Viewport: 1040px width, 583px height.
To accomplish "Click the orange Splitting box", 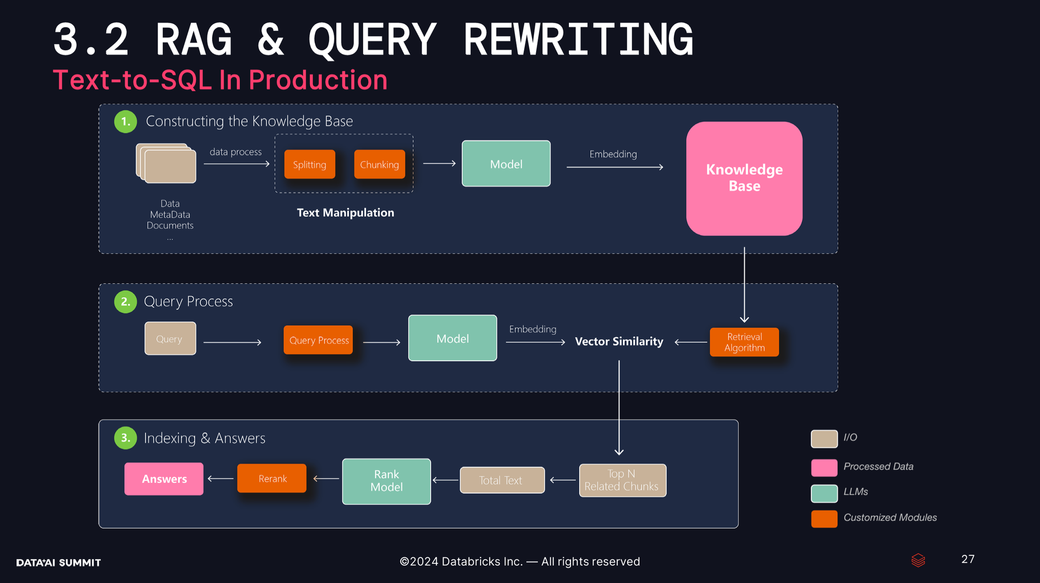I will tap(309, 164).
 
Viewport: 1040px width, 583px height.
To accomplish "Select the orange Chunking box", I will tap(380, 164).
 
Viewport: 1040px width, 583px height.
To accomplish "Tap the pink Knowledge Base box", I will tap(744, 178).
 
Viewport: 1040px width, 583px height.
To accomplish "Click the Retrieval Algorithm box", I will tap(744, 342).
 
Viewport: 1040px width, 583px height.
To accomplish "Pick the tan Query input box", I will tap(170, 338).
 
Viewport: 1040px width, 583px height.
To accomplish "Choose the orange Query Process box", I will tap(318, 340).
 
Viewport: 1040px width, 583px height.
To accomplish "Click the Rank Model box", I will tap(386, 481).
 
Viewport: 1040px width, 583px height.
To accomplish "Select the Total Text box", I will tap(502, 480).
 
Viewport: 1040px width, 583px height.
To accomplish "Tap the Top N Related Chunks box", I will tap(622, 480).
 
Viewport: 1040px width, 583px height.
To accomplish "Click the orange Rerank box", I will tap(272, 478).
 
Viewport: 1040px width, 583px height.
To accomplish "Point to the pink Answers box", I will tap(164, 479).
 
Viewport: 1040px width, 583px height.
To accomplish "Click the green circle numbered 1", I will tap(125, 122).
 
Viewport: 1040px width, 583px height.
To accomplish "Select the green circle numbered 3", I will tap(125, 438).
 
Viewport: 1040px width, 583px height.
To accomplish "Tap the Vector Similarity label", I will tap(619, 341).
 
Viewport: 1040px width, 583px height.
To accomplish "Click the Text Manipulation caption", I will tap(345, 213).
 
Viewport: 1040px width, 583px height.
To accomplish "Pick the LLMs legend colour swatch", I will tap(824, 493).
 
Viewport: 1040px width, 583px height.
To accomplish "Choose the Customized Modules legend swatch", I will tap(824, 519).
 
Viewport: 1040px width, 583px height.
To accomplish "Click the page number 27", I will tap(968, 559).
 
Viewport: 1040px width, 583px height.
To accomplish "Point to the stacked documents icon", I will tap(166, 163).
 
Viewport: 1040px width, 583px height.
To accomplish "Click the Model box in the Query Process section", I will tap(452, 338).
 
